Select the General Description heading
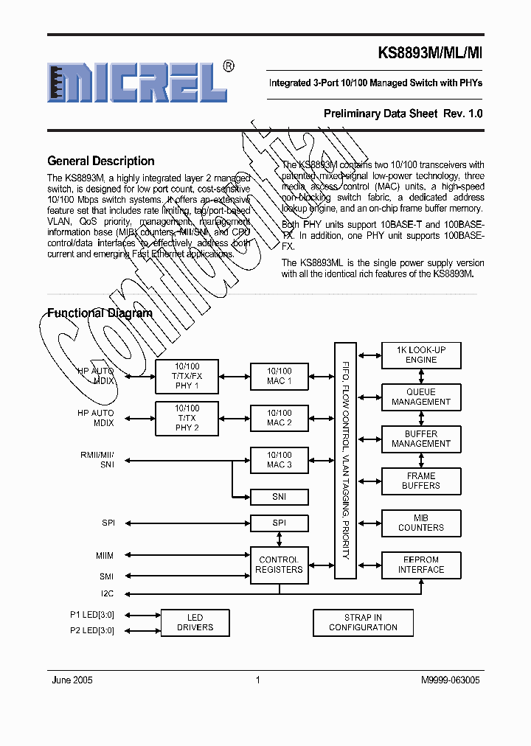[x=101, y=161]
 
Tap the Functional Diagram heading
[x=100, y=313]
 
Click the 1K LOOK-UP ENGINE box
[x=421, y=355]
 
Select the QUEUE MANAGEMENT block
[x=421, y=397]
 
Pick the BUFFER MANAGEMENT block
[x=421, y=439]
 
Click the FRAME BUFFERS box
[x=421, y=481]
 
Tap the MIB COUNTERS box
[x=421, y=523]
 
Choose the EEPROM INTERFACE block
[x=421, y=564]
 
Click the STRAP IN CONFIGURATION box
[x=363, y=622]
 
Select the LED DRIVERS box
[x=195, y=622]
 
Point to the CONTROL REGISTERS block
[x=279, y=565]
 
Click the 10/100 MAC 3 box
[x=279, y=460]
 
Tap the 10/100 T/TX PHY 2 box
[x=187, y=418]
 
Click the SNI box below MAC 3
[x=279, y=497]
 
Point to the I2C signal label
[x=108, y=593]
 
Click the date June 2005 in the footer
[x=72, y=680]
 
